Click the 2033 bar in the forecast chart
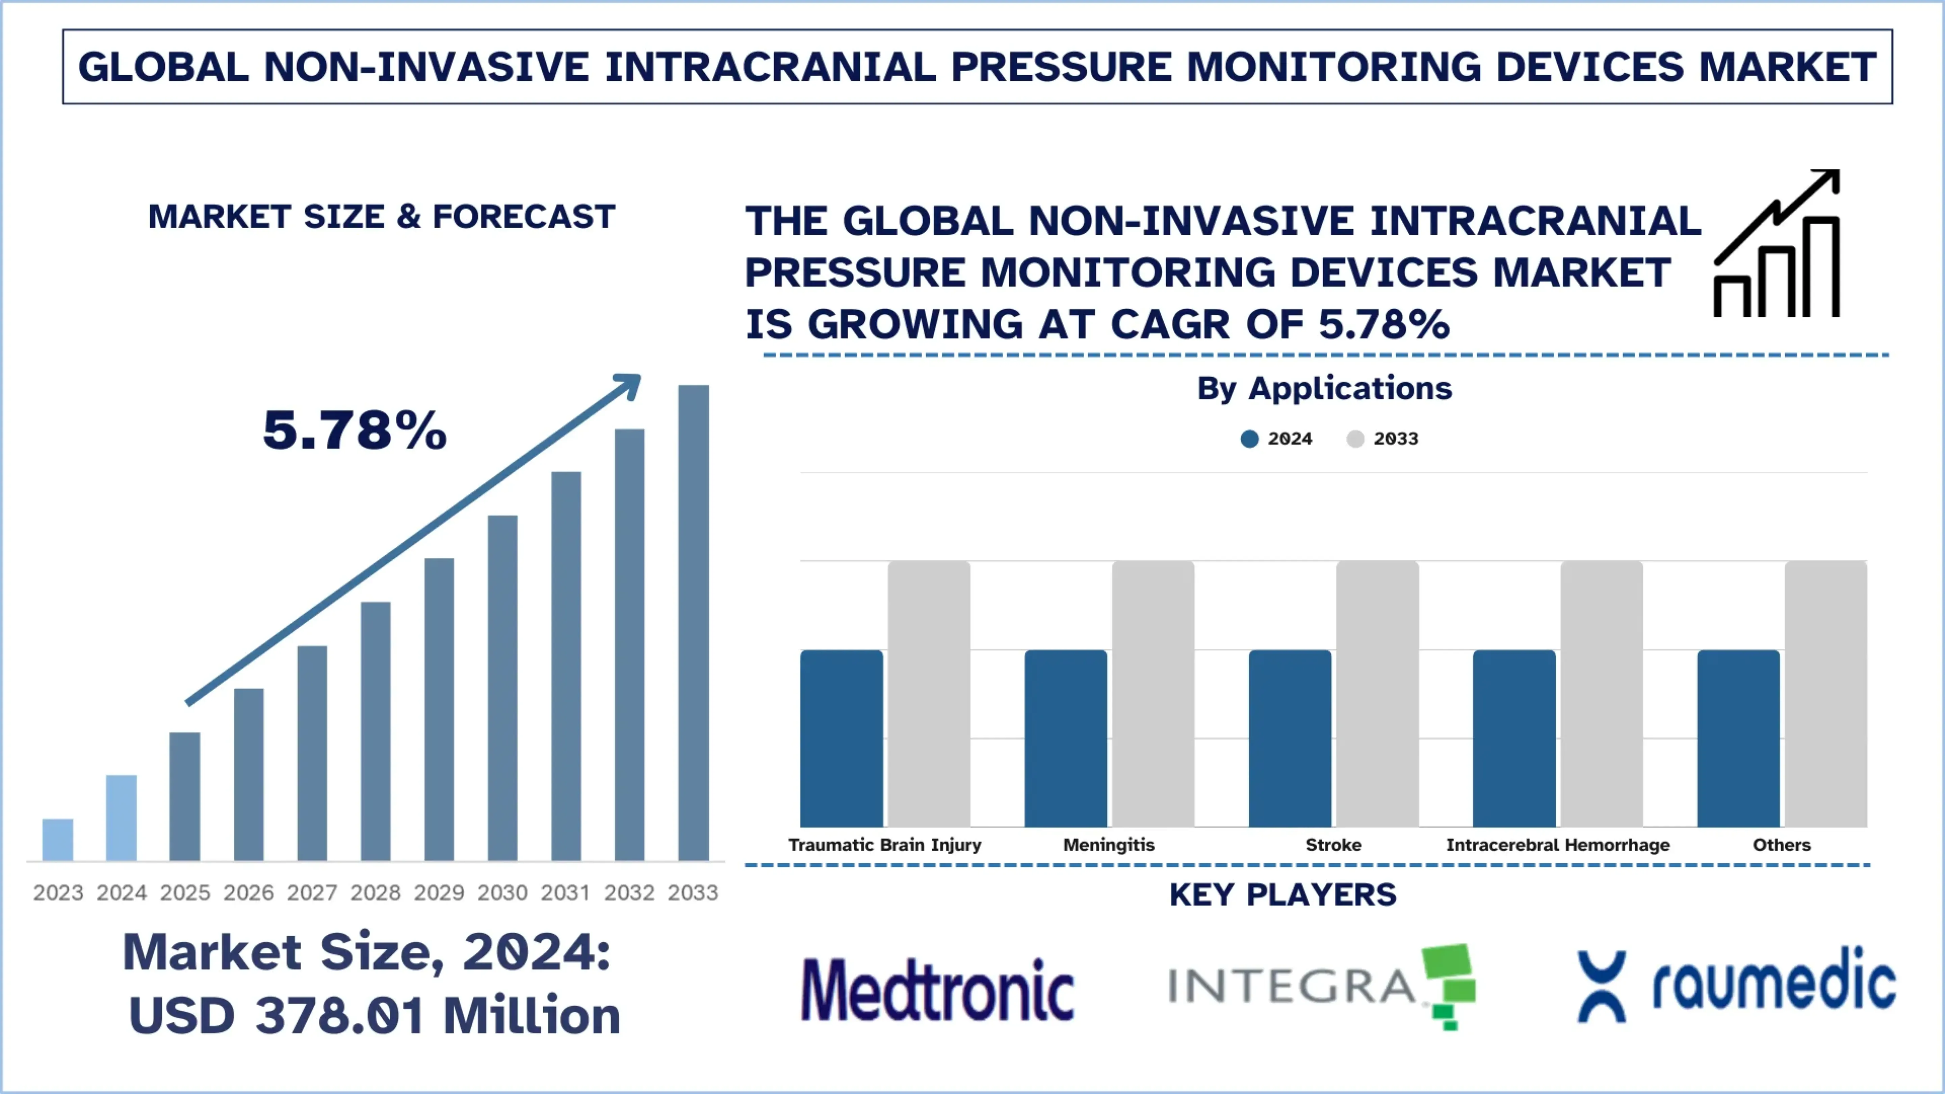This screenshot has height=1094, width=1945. coord(693,623)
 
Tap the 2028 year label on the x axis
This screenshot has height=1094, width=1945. coord(375,892)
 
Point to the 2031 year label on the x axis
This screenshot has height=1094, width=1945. coord(566,892)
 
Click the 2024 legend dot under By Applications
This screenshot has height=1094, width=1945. coord(1250,439)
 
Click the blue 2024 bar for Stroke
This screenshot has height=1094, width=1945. coord(1290,738)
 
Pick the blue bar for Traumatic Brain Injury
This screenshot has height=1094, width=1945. coord(841,738)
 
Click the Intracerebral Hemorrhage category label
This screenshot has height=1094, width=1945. coord(1558,845)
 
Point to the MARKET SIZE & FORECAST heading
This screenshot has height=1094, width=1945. coord(381,217)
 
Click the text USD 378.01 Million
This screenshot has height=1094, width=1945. coord(374,1015)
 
